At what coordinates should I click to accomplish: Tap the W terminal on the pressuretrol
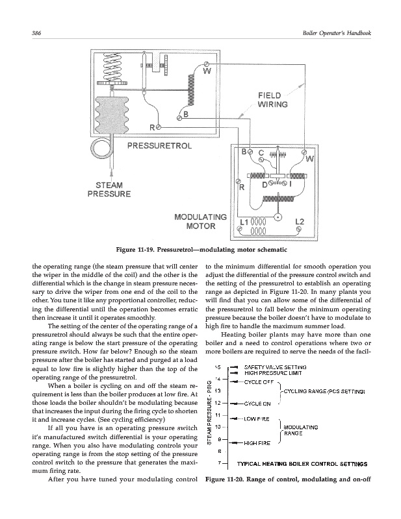tap(207, 67)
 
